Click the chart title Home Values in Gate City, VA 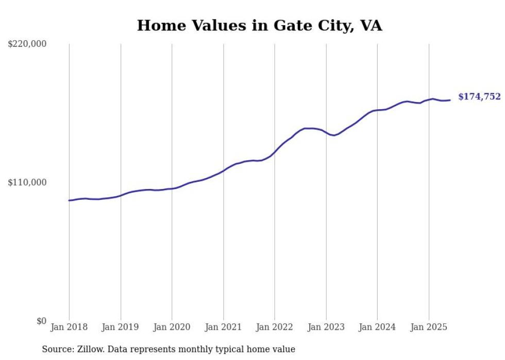click(x=259, y=25)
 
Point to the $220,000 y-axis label click(x=27, y=44)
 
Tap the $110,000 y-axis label click(x=27, y=182)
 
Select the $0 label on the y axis click(x=42, y=321)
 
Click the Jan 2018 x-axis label click(x=69, y=327)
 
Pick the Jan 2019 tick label click(x=121, y=327)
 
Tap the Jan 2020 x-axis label click(x=172, y=327)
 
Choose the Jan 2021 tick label click(x=223, y=327)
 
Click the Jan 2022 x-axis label click(x=275, y=327)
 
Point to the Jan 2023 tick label click(x=326, y=327)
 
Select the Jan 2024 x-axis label click(x=377, y=327)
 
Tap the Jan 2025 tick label click(x=428, y=327)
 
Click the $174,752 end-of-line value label click(x=479, y=97)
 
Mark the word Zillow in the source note click(x=85, y=350)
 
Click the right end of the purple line click(x=450, y=100)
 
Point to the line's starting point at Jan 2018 click(x=69, y=200)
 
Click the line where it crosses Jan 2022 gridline click(x=275, y=152)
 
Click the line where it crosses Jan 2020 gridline click(x=172, y=188)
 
